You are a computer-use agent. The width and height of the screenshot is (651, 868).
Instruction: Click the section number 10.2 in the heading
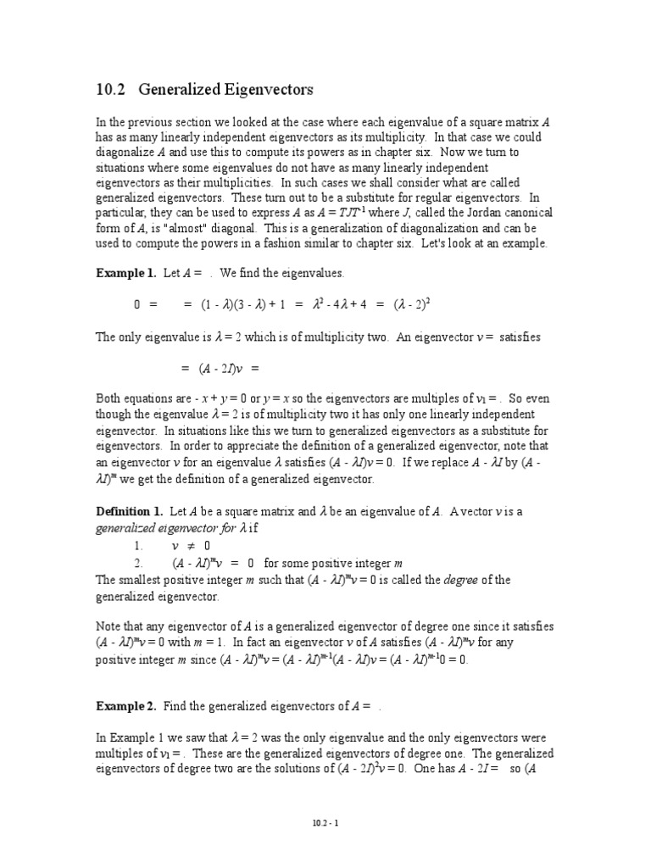pos(109,89)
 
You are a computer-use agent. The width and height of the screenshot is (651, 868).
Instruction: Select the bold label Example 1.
pos(123,273)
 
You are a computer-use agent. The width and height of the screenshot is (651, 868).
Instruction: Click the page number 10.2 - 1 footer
pos(325,822)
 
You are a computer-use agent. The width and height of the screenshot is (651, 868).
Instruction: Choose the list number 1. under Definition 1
pos(138,546)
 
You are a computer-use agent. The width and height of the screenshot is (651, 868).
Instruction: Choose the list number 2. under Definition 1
pos(138,563)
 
